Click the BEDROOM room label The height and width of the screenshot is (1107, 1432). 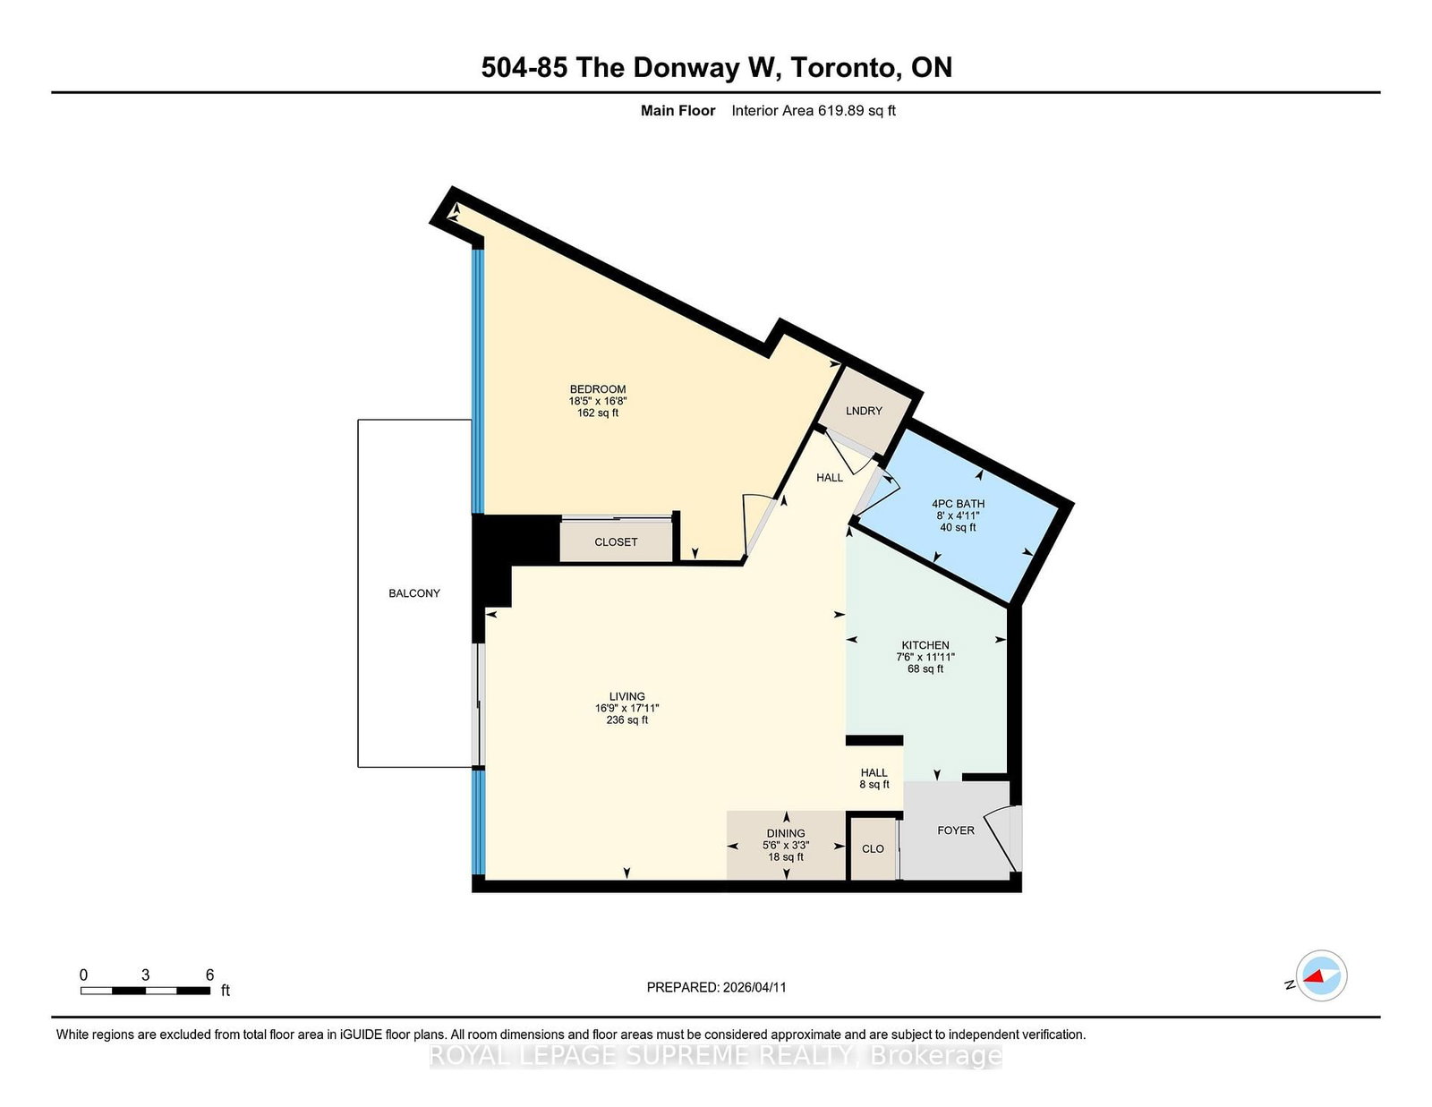[x=598, y=389]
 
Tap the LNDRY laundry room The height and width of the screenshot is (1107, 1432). [x=864, y=411]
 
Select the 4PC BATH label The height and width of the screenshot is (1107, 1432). [x=958, y=504]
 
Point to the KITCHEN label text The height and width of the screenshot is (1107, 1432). [x=925, y=645]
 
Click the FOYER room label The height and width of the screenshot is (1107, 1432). [x=956, y=830]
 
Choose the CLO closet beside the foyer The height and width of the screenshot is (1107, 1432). [x=873, y=848]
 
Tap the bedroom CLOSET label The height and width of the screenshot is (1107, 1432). [x=616, y=542]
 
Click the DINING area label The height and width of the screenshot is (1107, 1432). [x=786, y=833]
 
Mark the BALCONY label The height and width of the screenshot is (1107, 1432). [x=414, y=593]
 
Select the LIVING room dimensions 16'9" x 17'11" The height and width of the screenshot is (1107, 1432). [x=626, y=708]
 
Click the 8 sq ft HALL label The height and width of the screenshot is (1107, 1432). [x=874, y=779]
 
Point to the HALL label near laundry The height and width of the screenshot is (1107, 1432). [x=830, y=478]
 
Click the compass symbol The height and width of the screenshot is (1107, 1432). [x=1321, y=975]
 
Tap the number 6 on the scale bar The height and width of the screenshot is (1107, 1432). [x=209, y=975]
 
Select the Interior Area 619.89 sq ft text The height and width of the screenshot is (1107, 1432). [x=813, y=111]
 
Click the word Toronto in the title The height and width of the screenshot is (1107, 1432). [x=845, y=68]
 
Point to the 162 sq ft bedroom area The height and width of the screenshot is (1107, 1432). [x=598, y=413]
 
